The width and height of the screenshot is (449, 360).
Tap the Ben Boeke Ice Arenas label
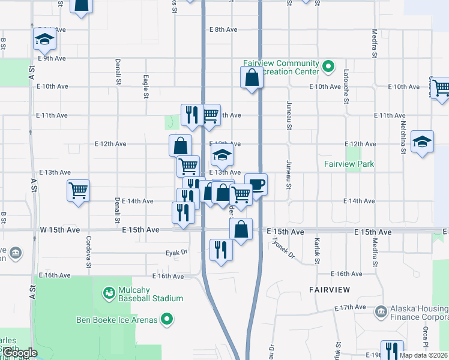pyautogui.click(x=116, y=320)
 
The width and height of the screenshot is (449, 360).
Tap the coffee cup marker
pyautogui.click(x=256, y=184)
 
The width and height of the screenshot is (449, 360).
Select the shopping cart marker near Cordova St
pyautogui.click(x=79, y=191)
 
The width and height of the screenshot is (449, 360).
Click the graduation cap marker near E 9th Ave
pyautogui.click(x=44, y=39)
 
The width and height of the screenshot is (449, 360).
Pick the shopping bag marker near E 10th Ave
pyautogui.click(x=252, y=77)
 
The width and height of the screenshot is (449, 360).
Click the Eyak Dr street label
pyautogui.click(x=176, y=254)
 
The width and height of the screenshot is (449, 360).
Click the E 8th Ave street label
pyautogui.click(x=224, y=29)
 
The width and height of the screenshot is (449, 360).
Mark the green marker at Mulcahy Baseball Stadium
pyautogui.click(x=109, y=293)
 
